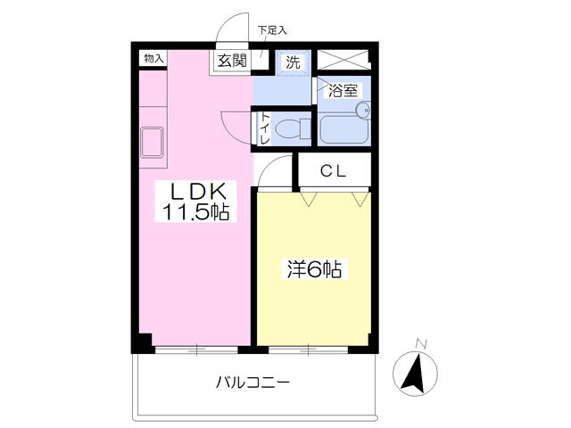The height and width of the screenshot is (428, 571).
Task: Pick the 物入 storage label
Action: pos(154,58)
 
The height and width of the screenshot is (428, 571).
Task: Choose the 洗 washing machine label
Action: pos(292,62)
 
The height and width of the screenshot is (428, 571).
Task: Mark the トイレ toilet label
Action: pos(265,128)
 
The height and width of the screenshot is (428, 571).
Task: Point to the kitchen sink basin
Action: pos(153,143)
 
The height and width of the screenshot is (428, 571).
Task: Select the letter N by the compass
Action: pos(422,343)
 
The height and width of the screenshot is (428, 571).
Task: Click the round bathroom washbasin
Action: pos(362,111)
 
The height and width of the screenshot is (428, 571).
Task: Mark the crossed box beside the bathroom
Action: pos(344,61)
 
